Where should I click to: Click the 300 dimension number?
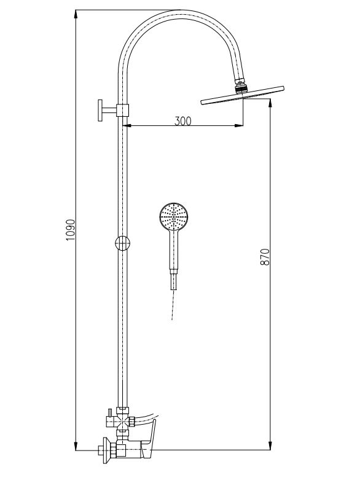point(182,120)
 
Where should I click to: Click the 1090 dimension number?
point(70,229)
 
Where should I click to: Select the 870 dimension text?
point(265,256)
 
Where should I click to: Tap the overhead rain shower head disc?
point(242,98)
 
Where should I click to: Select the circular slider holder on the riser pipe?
point(123,243)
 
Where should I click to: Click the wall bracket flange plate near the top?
point(98,111)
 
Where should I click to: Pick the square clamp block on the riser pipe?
point(124,111)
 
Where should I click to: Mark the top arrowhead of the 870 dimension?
point(270,105)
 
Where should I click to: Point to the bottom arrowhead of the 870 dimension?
point(270,449)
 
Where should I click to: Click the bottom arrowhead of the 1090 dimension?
point(76,449)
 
